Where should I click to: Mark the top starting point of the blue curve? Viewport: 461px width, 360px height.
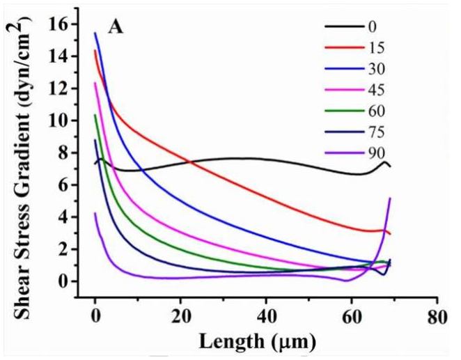(x=95, y=33)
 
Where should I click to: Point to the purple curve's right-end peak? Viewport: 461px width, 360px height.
(x=389, y=198)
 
